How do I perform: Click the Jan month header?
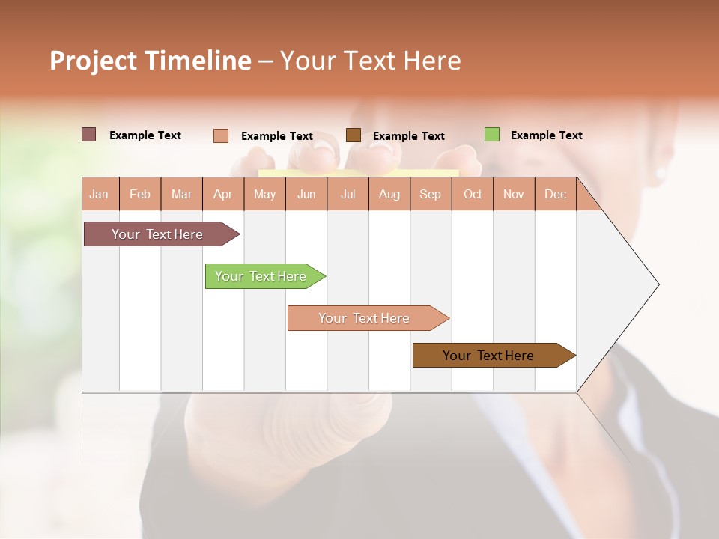pyautogui.click(x=100, y=195)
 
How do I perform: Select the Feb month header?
pyautogui.click(x=140, y=195)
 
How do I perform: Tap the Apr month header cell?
pyautogui.click(x=223, y=195)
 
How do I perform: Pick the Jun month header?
pyautogui.click(x=306, y=195)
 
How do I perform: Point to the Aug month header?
pyautogui.click(x=389, y=195)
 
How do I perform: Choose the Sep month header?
pyautogui.click(x=431, y=195)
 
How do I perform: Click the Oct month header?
pyautogui.click(x=473, y=195)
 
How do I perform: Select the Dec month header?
pyautogui.click(x=556, y=195)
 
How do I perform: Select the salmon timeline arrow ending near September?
pyautogui.click(x=365, y=318)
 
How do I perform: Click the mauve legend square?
pyautogui.click(x=88, y=135)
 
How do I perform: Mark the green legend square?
pyautogui.click(x=491, y=135)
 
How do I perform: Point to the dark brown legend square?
pyautogui.click(x=354, y=135)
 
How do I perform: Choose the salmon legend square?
pyautogui.click(x=221, y=135)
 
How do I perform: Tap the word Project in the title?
pyautogui.click(x=92, y=61)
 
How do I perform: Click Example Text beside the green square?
pyautogui.click(x=546, y=135)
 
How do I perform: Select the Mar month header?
pyautogui.click(x=181, y=195)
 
